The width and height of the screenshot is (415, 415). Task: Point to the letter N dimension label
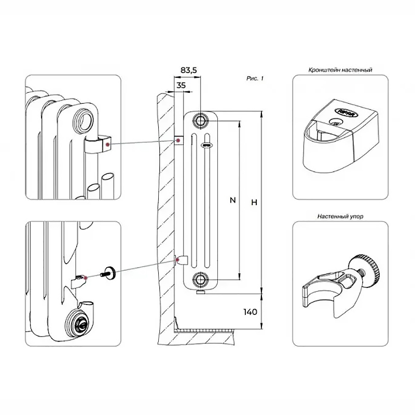click(x=232, y=201)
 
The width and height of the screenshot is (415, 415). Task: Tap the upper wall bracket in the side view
click(x=178, y=141)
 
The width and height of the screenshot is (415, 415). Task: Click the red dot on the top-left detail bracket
click(x=107, y=144)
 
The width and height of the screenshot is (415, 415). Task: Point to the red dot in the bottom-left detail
click(x=85, y=278)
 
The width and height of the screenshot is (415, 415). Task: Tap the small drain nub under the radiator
click(x=200, y=292)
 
